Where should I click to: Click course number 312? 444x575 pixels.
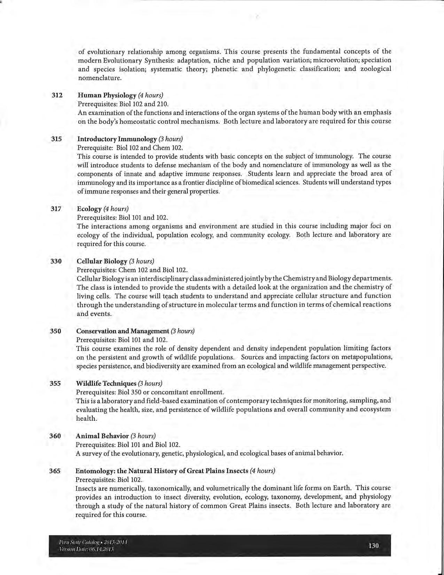[x=57, y=95]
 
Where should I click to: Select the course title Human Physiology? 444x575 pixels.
[x=107, y=95]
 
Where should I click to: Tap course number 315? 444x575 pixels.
[x=56, y=139]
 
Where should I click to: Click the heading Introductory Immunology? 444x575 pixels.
[x=117, y=139]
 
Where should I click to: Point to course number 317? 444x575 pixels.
[x=56, y=209]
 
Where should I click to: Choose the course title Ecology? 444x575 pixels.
[x=89, y=209]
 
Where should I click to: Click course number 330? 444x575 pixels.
[x=56, y=261]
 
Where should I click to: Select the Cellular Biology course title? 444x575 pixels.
[x=102, y=261]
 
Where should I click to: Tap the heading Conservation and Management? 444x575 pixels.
[x=123, y=331]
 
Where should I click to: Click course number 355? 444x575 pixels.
[x=55, y=383]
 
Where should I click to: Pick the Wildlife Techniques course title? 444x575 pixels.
[x=106, y=383]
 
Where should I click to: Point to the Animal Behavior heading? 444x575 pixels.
[x=102, y=436]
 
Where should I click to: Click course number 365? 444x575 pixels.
[x=55, y=471]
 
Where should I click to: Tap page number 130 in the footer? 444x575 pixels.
[x=373, y=546]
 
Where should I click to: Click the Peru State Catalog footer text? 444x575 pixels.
[x=93, y=543]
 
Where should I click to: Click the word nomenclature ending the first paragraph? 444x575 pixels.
[x=100, y=78]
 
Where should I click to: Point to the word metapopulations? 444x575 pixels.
[x=367, y=357]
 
